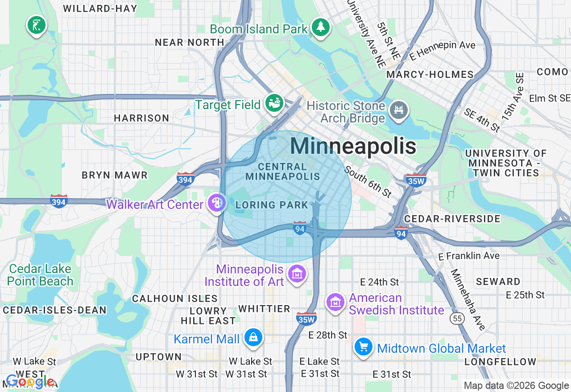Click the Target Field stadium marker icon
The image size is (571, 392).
(274, 104)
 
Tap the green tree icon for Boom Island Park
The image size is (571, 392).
(320, 27)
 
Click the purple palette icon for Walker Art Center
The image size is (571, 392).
(217, 204)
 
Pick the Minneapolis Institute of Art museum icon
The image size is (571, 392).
(297, 274)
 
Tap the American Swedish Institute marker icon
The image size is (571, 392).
(335, 302)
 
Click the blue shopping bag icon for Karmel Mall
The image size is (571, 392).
(253, 338)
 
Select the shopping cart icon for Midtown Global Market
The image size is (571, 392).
(364, 347)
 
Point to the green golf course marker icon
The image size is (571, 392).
(36, 25)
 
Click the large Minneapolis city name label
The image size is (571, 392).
(353, 146)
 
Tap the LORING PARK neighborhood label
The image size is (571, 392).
(272, 205)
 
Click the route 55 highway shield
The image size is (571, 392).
(458, 318)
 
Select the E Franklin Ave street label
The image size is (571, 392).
(469, 256)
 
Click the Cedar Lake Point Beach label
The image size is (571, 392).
(40, 275)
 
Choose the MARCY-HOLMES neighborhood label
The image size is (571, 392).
(430, 74)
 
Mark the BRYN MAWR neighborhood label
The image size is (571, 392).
(115, 175)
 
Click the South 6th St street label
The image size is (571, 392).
(368, 182)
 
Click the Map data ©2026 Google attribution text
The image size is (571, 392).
(516, 386)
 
